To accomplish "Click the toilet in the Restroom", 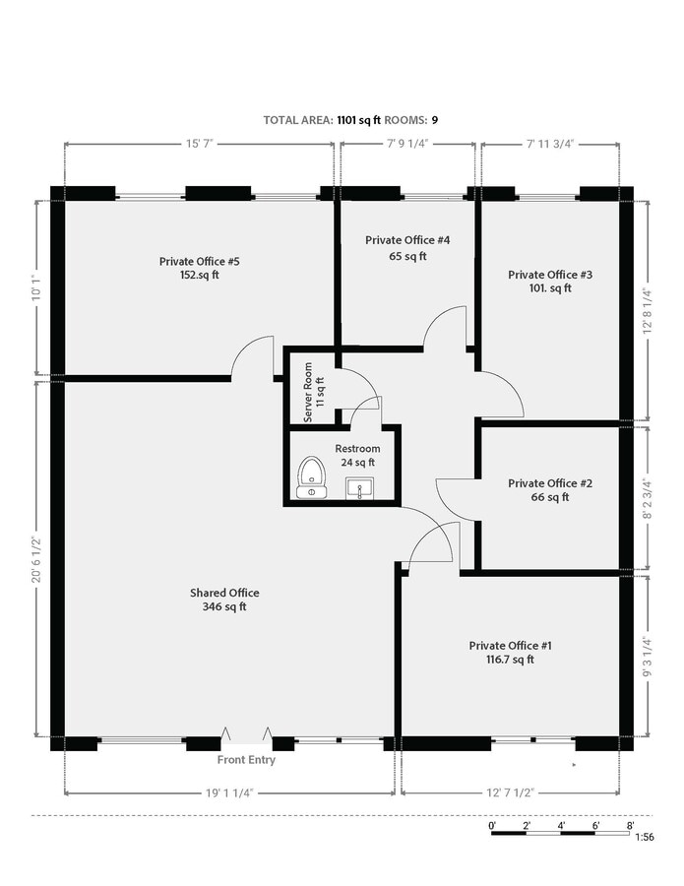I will click(x=312, y=476).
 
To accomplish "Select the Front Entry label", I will click(x=246, y=760).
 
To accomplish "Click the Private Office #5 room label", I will click(x=200, y=261).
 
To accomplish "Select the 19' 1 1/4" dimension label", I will click(x=229, y=791).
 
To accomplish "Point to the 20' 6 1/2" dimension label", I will click(x=37, y=556).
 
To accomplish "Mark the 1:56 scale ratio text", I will click(x=645, y=837).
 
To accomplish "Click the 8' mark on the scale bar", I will click(x=629, y=825).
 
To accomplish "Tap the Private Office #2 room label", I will click(x=550, y=483).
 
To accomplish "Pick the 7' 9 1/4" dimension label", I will click(x=407, y=144).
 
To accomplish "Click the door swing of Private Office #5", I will click(x=254, y=357).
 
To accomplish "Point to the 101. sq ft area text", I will click(x=546, y=288).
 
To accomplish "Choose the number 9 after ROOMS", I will click(x=434, y=120).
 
